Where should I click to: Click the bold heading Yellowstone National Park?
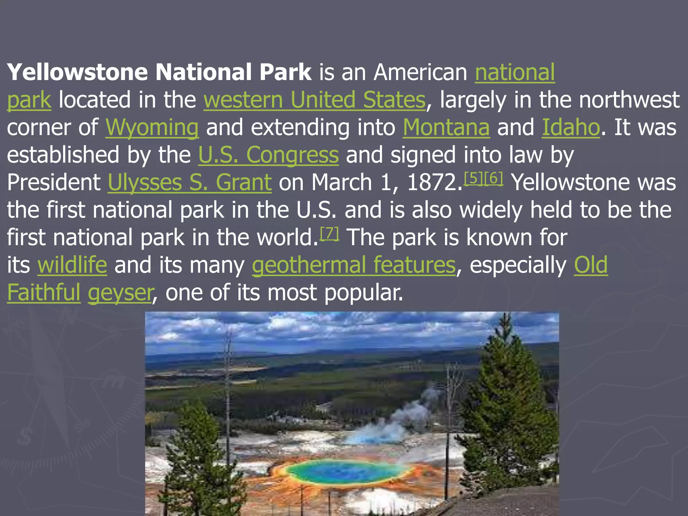click(x=159, y=72)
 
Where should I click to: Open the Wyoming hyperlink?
click(x=152, y=128)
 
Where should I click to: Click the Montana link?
click(x=446, y=128)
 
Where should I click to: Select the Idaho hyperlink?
click(x=571, y=128)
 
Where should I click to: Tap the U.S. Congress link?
click(x=268, y=155)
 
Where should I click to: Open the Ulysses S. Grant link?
click(x=189, y=183)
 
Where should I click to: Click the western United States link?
click(x=315, y=100)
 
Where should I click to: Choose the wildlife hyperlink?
click(x=72, y=265)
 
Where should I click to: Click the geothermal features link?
click(x=354, y=265)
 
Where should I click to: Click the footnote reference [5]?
click(x=473, y=178)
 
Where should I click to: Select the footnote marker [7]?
click(x=329, y=233)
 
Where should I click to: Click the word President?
click(x=54, y=183)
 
